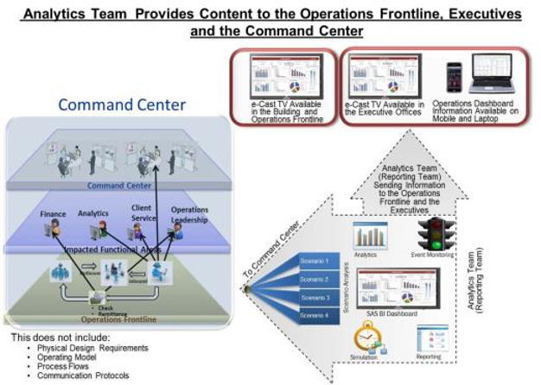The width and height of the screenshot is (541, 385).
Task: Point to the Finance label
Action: coord(53,213)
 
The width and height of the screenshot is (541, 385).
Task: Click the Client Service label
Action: coord(142,212)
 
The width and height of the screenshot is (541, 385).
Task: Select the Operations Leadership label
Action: coord(188,214)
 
